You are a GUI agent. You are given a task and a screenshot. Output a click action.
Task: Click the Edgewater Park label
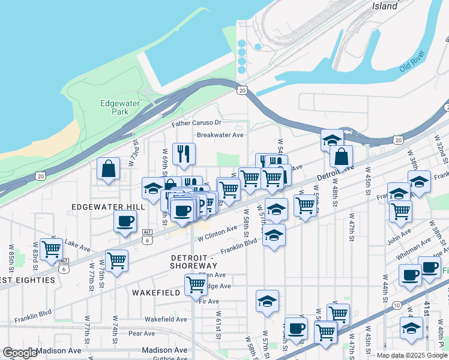click(115, 107)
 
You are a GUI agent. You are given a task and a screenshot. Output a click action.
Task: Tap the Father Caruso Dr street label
click(196, 123)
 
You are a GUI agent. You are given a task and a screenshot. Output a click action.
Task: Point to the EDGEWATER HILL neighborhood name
click(108, 206)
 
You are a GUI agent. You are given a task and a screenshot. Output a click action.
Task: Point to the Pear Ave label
click(142, 334)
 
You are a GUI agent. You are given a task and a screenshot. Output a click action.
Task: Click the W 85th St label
click(11, 256)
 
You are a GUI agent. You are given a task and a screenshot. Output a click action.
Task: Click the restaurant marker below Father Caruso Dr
click(184, 154)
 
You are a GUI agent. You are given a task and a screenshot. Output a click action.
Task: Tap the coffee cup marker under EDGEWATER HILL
click(125, 221)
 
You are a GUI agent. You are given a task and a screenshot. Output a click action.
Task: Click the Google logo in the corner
click(19, 353)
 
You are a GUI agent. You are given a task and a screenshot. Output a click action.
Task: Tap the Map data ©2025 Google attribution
click(412, 355)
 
